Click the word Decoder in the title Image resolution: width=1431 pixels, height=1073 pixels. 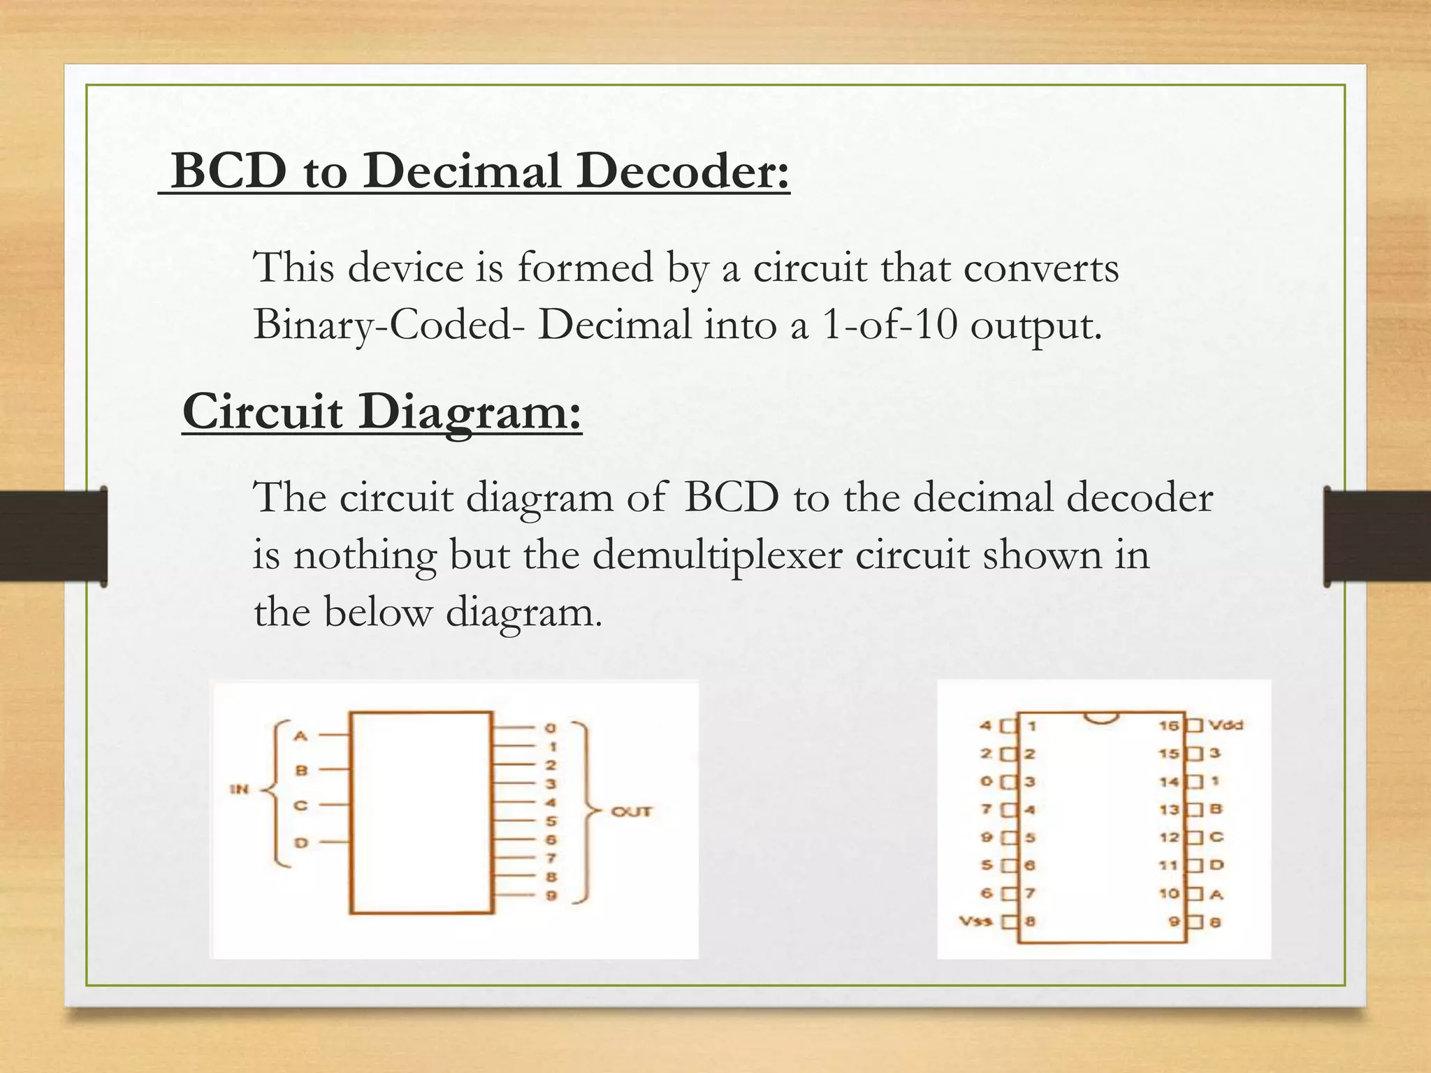coord(682,171)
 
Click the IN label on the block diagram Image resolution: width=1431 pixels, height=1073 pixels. coord(240,789)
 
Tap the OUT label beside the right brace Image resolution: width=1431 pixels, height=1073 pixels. coord(631,812)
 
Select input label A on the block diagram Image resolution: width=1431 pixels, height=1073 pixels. coord(300,736)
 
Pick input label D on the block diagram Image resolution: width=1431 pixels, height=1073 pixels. coord(300,843)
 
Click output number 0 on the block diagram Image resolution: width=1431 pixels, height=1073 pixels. coord(551,729)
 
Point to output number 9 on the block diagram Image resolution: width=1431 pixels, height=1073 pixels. coord(551,896)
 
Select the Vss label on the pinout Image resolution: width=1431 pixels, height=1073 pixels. coord(975,921)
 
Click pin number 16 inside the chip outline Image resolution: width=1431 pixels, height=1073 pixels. coord(1168,726)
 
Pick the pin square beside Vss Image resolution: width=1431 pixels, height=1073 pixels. coord(1008,921)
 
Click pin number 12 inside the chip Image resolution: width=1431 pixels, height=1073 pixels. coord(1169,838)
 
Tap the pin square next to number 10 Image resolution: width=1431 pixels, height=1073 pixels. coord(1196,893)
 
